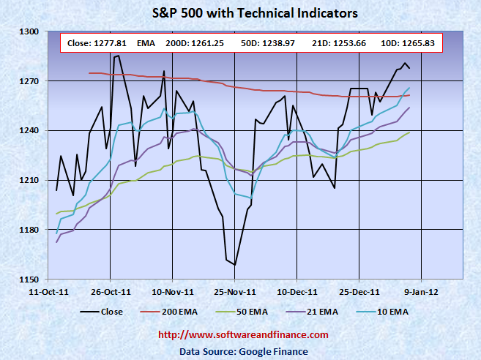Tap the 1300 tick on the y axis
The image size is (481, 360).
coord(29,31)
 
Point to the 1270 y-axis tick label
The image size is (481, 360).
coord(29,81)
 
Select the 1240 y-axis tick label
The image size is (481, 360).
coord(29,131)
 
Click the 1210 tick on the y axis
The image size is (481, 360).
coord(29,181)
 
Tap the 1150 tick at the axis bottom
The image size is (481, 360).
coord(29,280)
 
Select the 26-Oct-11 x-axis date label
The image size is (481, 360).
coord(110,290)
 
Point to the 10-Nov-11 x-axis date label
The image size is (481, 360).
coord(172,290)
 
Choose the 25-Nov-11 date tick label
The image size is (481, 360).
coord(235,290)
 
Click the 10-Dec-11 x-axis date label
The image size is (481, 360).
coord(297,290)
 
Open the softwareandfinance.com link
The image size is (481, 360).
coord(244,335)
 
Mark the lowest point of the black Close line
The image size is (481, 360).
coord(235,264)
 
